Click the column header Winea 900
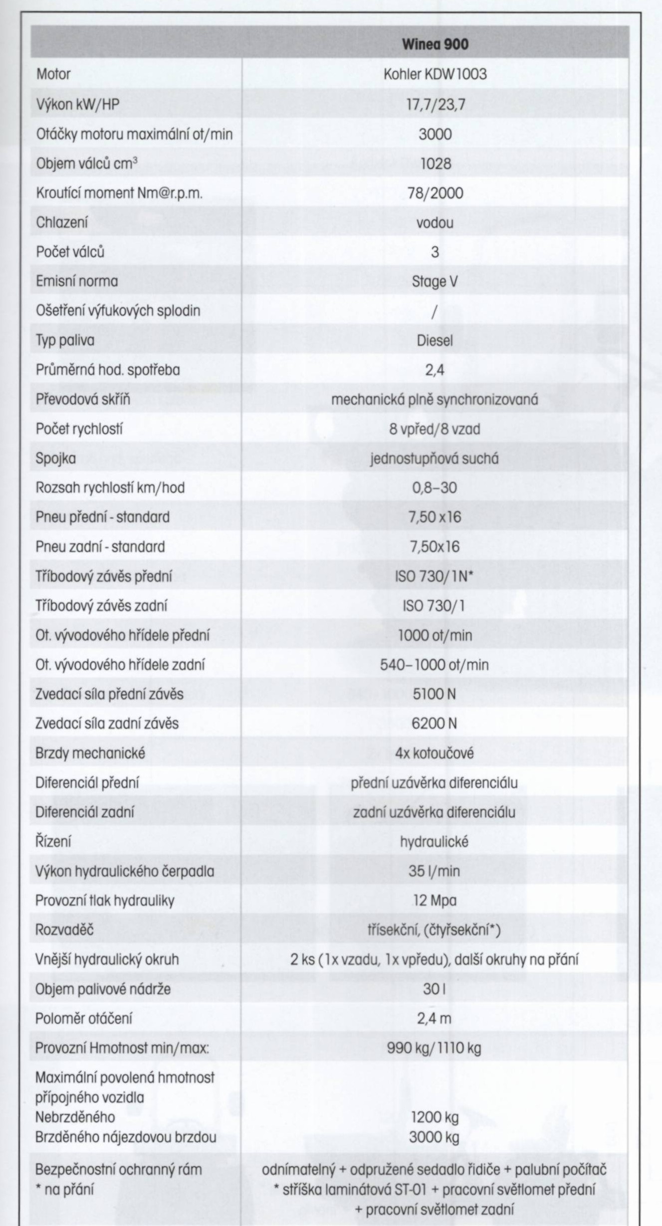pos(435,44)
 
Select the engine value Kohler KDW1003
pos(435,74)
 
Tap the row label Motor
pos(53,74)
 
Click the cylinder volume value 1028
pos(435,163)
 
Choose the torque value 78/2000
pos(435,193)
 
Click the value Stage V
pos(435,282)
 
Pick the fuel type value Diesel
pos(435,340)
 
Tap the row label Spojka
pos(56,458)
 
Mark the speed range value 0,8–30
pos(435,487)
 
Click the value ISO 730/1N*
pos(435,576)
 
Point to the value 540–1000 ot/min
pos(435,664)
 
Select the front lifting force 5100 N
pos(435,694)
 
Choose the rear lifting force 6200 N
pos(435,723)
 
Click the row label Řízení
pos(53,842)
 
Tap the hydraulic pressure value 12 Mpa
pos(435,901)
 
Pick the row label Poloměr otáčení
pos(84,1019)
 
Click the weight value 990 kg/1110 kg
pos(435,1048)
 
